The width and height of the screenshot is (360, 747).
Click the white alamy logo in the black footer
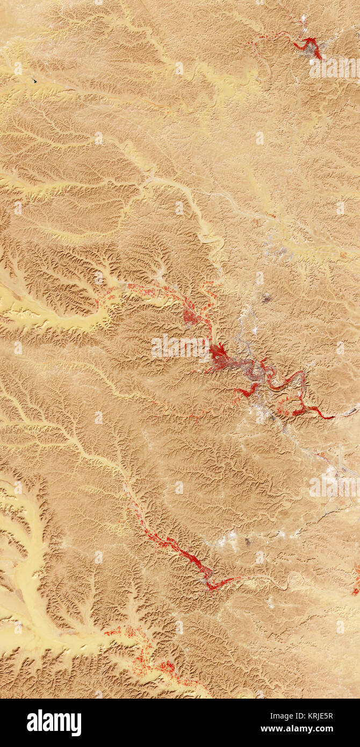coord(54,723)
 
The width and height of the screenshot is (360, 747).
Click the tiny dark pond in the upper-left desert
coord(34,81)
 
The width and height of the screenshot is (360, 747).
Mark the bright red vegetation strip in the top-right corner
coord(312,46)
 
